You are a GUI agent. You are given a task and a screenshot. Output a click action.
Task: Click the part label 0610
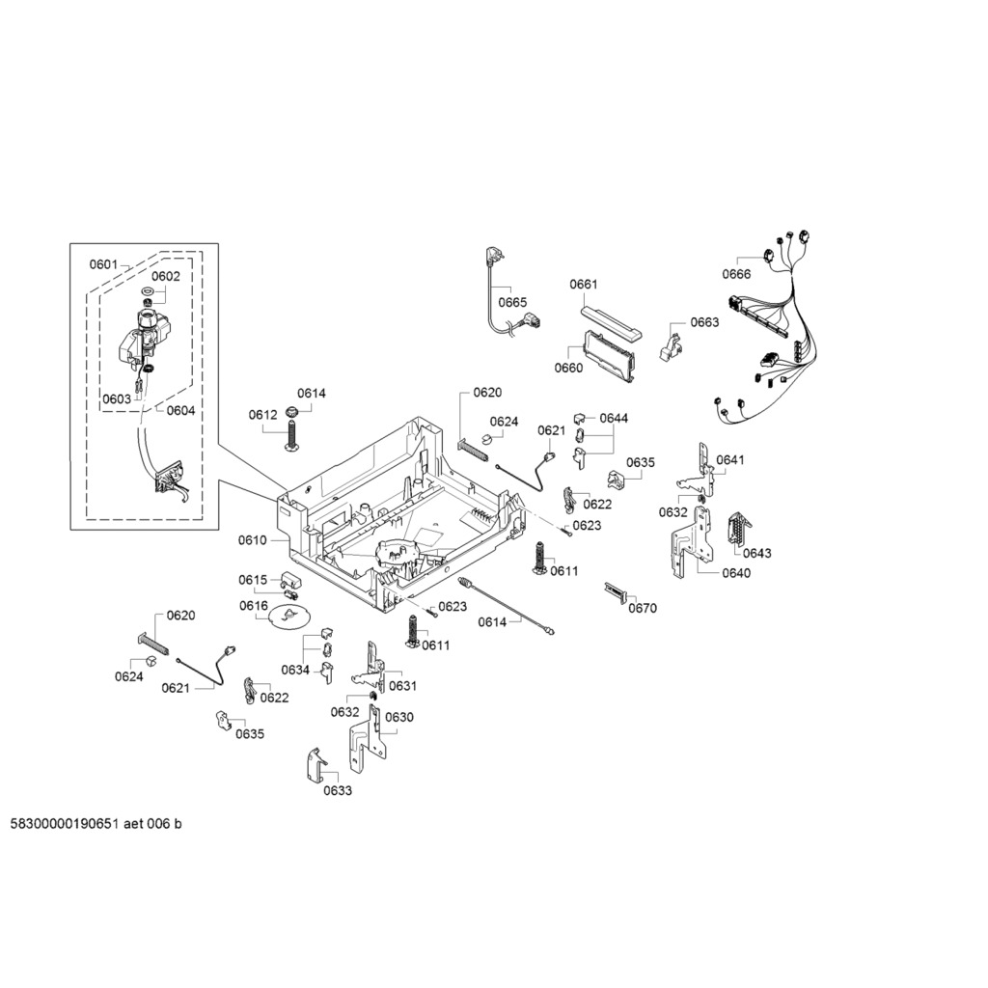pos(252,540)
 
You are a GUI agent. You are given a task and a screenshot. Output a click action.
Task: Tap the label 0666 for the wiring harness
pos(736,273)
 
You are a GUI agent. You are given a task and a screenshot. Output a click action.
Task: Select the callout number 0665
pos(512,302)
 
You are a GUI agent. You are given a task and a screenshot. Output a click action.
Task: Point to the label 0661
pos(584,285)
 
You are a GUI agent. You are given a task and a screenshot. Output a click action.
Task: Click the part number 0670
pos(643,608)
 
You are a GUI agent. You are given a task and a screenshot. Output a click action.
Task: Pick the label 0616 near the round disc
pos(254,606)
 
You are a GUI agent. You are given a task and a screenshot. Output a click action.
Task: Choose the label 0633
pos(338,791)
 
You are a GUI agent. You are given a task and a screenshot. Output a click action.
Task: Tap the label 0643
pos(756,553)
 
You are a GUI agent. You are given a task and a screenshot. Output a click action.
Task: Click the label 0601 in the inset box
pos(103,264)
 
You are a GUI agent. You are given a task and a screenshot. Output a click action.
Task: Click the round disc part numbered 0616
pos(288,616)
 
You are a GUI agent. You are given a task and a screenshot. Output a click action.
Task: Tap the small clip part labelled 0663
pos(670,344)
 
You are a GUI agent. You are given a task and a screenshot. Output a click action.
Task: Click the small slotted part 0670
pos(616,591)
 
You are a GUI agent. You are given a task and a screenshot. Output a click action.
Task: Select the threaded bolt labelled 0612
pos(293,435)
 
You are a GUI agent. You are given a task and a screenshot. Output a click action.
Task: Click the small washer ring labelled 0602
pos(148,292)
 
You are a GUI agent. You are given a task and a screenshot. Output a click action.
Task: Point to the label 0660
pos(568,368)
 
